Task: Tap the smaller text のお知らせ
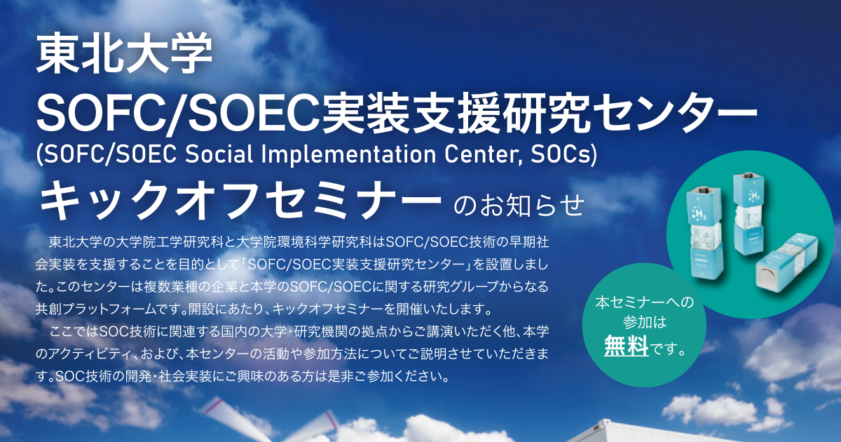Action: pyautogui.click(x=519, y=205)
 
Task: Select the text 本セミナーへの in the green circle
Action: pyautogui.click(x=644, y=302)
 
